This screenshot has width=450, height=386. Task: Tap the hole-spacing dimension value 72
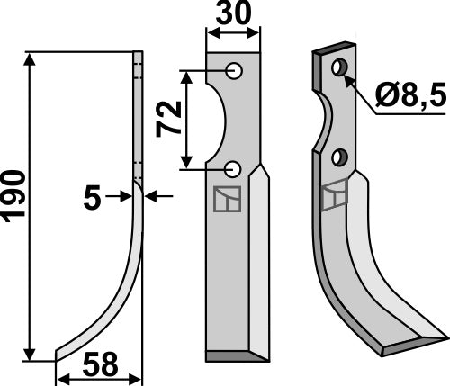click(x=168, y=118)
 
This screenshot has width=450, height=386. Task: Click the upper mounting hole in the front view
click(x=233, y=70)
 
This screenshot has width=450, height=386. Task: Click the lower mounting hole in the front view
click(x=233, y=167)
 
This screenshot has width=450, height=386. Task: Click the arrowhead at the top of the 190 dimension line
click(x=31, y=58)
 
